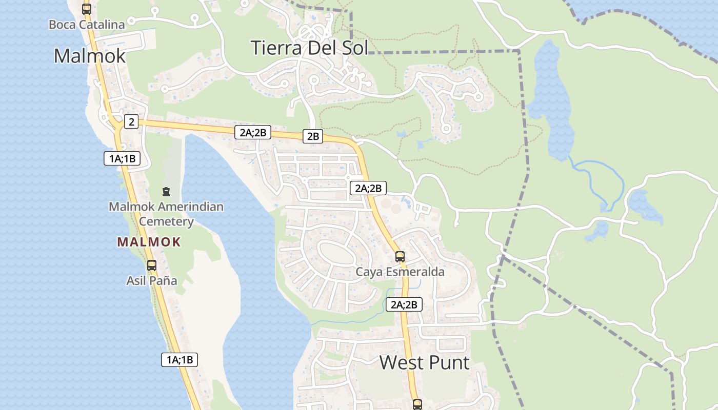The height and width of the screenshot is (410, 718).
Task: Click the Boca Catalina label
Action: pos(87,24)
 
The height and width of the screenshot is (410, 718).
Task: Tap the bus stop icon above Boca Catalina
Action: pos(87,9)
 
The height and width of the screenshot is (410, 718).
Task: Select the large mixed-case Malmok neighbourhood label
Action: pos(90,55)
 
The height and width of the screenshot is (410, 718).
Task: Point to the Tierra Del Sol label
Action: pos(309,48)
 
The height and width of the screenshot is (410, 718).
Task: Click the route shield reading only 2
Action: pos(131,121)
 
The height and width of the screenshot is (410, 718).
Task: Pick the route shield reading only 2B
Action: pos(313,136)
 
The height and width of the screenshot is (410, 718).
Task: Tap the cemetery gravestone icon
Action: pos(166,192)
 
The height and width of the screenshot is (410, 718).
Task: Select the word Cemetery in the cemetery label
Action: pos(166,221)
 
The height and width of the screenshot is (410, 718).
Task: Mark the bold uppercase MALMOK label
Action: pos(149,242)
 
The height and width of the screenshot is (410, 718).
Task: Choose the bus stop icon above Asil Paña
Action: pos(152,265)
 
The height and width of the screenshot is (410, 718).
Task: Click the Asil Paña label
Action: pos(152,281)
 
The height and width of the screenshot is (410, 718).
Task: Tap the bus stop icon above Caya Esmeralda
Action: pos(400,257)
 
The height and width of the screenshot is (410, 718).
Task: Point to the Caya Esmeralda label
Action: pos(400,272)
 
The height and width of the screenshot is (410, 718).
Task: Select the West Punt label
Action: pos(424,362)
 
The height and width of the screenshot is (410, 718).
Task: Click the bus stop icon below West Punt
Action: pos(417,404)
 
